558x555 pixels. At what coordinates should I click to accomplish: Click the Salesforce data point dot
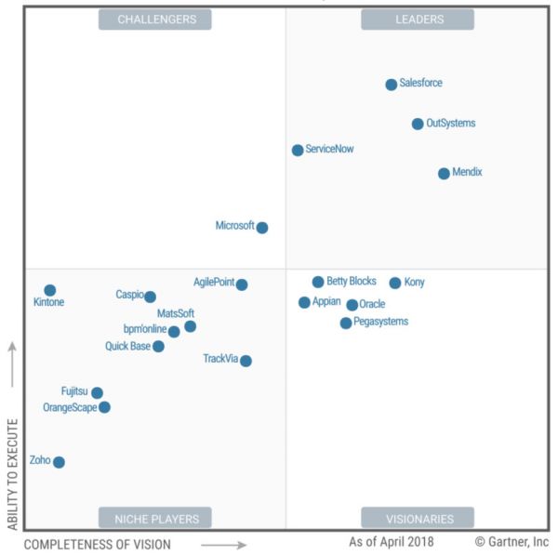point(392,85)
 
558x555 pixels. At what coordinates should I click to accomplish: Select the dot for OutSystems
point(418,124)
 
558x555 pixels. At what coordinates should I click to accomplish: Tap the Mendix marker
point(444,173)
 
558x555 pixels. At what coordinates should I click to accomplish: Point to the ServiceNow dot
point(298,150)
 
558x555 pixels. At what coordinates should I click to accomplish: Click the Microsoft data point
point(262,227)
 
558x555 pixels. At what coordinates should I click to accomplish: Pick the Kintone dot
point(50,290)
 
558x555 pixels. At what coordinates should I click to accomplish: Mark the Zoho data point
point(59,462)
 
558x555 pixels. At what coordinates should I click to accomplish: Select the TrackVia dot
point(246,361)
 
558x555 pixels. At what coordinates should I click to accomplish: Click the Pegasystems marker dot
point(346,323)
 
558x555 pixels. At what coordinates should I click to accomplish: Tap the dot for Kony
point(395,283)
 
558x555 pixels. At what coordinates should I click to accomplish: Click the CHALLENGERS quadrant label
point(155,20)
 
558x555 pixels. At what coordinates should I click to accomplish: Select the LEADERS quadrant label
point(418,20)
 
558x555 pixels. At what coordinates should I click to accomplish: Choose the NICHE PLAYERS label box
point(155,518)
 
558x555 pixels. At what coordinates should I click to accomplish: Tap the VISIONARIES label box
point(418,518)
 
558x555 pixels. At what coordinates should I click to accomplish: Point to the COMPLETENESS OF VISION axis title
point(98,544)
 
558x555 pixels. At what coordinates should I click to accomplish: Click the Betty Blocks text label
point(351,281)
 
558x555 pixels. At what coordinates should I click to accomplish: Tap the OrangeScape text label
point(70,407)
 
